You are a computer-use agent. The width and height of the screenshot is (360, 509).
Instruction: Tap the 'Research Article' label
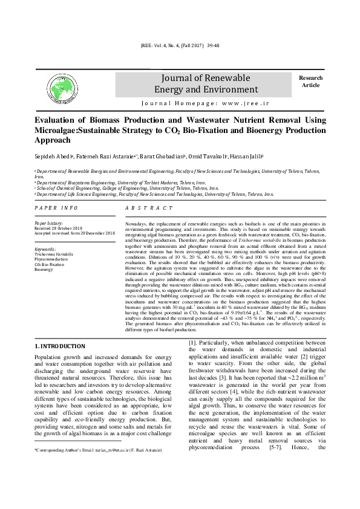(310, 82)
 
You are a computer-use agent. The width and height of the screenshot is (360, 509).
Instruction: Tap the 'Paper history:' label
(50, 223)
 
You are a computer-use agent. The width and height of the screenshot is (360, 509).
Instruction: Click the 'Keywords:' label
(46, 249)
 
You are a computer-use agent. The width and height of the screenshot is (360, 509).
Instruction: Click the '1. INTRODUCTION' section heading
(59, 346)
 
